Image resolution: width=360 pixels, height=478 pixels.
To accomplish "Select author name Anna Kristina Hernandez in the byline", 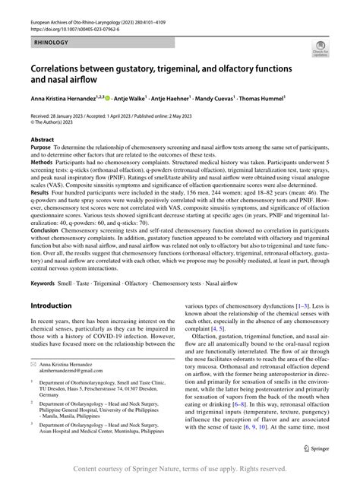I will click(65, 98).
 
